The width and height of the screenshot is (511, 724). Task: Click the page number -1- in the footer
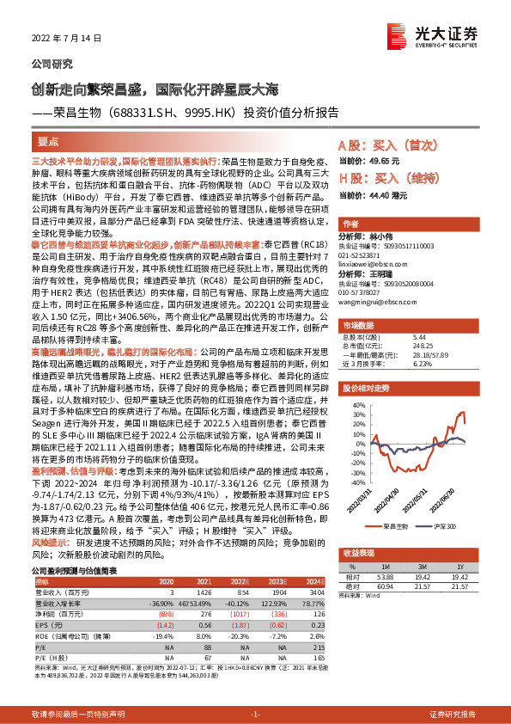point(255,715)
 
